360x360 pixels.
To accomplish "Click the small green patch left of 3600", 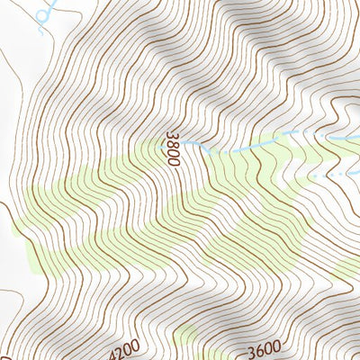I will click(x=184, y=337).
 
